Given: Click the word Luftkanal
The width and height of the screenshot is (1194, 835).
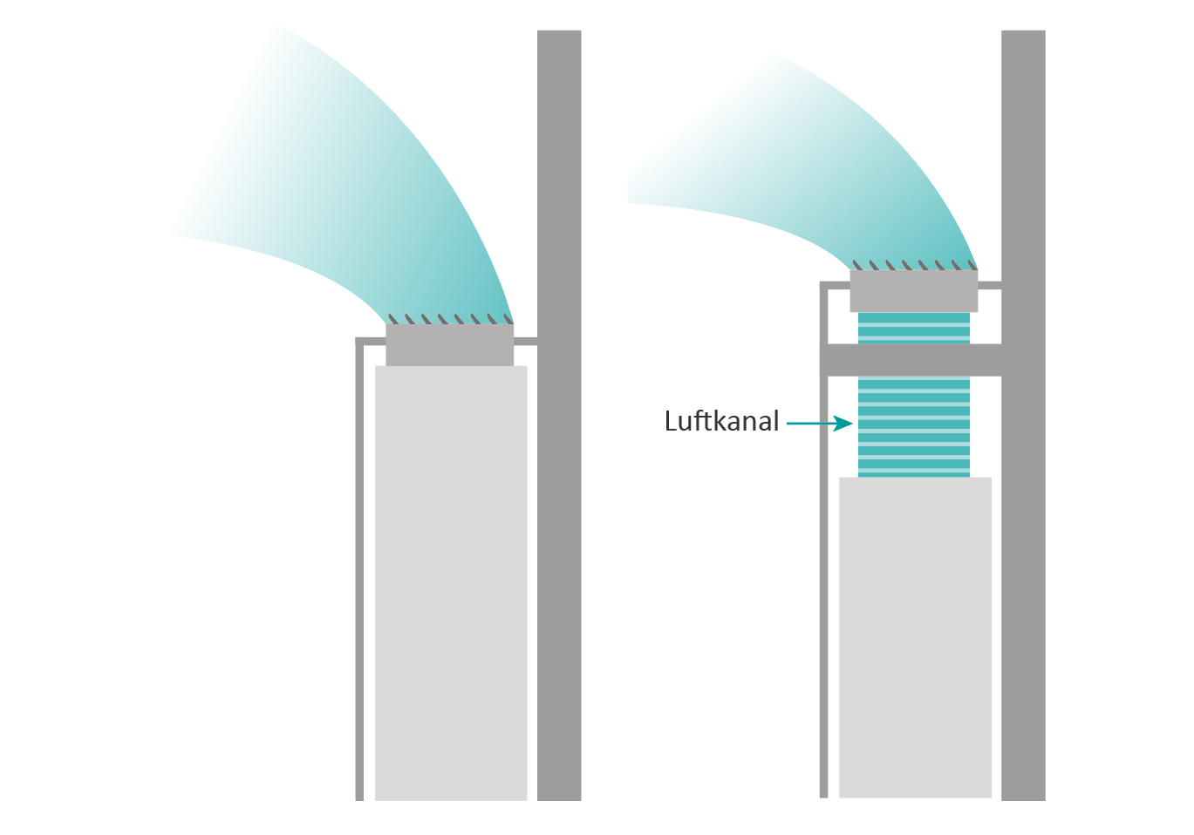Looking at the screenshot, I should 721,422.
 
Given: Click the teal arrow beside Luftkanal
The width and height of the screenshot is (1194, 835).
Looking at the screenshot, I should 819,424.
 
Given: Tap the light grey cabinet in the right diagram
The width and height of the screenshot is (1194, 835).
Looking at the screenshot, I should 915,636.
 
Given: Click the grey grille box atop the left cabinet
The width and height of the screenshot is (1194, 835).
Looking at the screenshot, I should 449,345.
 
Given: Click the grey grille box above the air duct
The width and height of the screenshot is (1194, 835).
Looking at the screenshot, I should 913,291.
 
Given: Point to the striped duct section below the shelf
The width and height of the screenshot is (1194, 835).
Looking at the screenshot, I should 913,426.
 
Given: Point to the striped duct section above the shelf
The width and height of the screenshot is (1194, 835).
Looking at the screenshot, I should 913,328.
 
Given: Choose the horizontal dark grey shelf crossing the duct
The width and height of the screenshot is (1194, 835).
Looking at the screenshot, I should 911,360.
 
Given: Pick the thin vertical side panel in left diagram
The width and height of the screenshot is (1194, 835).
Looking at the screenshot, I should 359,567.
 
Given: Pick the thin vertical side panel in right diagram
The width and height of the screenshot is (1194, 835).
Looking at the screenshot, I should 823,567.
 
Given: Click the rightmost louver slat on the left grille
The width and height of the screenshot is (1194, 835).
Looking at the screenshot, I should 508,319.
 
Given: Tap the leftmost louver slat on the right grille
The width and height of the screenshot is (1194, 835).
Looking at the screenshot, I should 857,265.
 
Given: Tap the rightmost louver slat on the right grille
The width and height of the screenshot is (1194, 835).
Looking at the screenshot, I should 972,265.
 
